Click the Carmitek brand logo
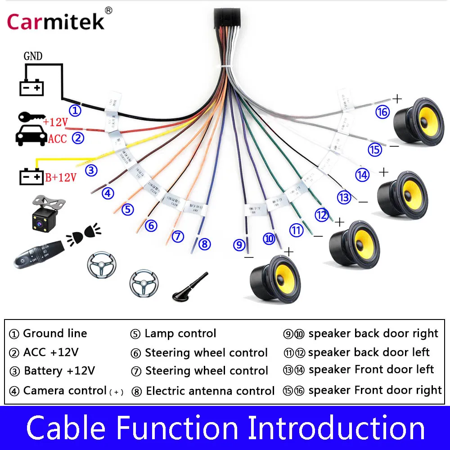tap(56, 21)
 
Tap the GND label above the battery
tap(33, 56)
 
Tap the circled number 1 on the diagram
tap(75, 110)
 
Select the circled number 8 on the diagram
tap(204, 244)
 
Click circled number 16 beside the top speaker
tap(382, 112)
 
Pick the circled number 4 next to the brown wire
tap(108, 193)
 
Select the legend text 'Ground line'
tap(55, 333)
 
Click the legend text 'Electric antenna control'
tap(210, 391)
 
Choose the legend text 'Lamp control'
tap(180, 333)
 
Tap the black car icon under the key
tap(31, 134)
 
